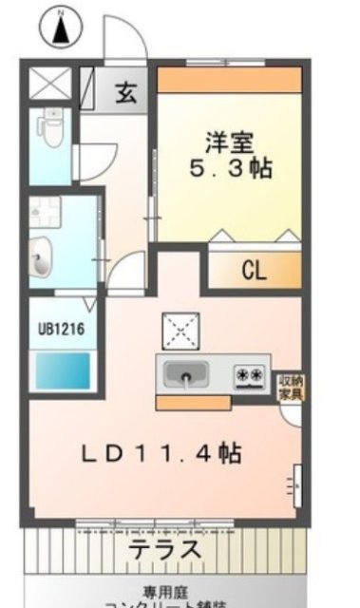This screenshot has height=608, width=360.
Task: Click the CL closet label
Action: click(x=252, y=271)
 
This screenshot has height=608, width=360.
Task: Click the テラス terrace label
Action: click(x=165, y=550)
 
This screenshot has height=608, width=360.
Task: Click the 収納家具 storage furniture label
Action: click(x=291, y=388)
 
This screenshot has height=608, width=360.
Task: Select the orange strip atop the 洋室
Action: click(x=228, y=79)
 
